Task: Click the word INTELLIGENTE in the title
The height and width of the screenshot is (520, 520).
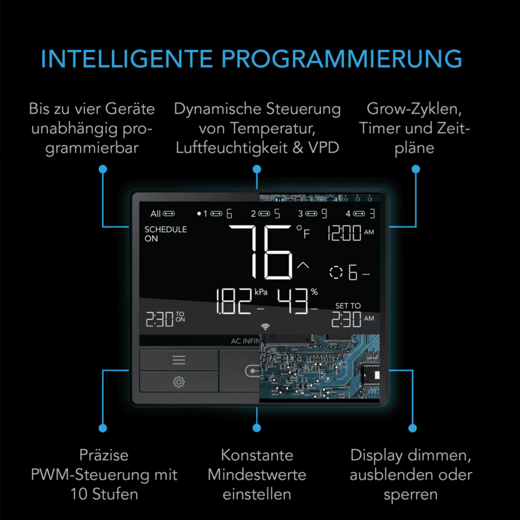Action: (127, 59)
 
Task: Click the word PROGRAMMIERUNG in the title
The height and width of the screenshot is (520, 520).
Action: (342, 59)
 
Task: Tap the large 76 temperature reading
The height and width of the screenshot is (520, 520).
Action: (261, 252)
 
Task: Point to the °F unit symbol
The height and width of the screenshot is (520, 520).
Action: (303, 231)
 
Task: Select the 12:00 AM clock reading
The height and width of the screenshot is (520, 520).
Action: (351, 233)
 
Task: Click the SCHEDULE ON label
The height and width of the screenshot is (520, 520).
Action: (166, 234)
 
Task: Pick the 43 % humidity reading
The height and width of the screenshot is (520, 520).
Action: (298, 301)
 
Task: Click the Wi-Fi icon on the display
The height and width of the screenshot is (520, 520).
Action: (265, 327)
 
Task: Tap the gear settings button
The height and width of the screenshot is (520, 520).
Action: (179, 382)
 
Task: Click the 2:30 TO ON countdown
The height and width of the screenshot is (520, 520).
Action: (165, 319)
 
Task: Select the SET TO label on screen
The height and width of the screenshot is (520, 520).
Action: (348, 305)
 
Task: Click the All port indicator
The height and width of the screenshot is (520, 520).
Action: (162, 214)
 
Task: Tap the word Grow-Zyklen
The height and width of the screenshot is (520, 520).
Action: (414, 109)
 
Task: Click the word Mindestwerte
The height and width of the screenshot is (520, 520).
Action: (257, 474)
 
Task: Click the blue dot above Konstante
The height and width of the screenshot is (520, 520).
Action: (257, 428)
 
